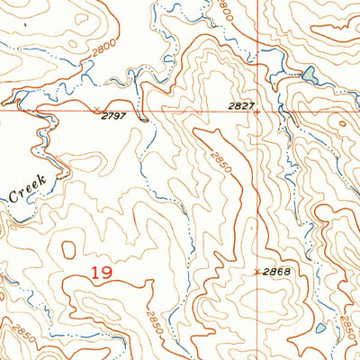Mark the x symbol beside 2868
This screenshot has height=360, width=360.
tap(258, 271)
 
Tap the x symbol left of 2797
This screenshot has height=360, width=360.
tap(97, 109)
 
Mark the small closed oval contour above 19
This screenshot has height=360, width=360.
tap(68, 247)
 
